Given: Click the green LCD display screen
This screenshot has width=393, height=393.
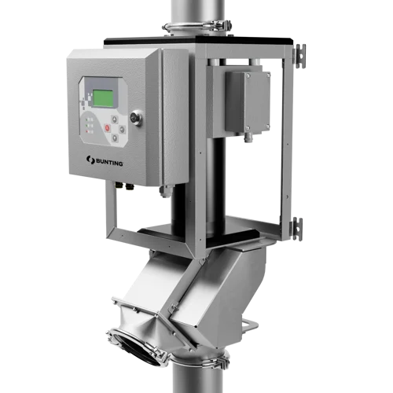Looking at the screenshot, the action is click(103, 98).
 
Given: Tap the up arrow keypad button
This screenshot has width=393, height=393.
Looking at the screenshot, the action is click(114, 119).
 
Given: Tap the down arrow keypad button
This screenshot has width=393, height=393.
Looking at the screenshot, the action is click(115, 138).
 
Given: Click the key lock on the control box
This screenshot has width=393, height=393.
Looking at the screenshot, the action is click(137, 118).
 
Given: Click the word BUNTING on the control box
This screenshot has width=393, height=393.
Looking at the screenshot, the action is click(109, 162).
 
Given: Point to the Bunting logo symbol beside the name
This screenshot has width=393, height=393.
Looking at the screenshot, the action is click(90, 160).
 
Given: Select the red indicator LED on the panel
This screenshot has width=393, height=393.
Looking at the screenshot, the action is click(86, 131).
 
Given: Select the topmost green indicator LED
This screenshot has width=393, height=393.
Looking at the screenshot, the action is click(86, 119).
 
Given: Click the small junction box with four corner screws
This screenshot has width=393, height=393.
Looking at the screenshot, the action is click(248, 101).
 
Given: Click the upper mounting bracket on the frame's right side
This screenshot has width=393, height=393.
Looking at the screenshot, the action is click(300, 57).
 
